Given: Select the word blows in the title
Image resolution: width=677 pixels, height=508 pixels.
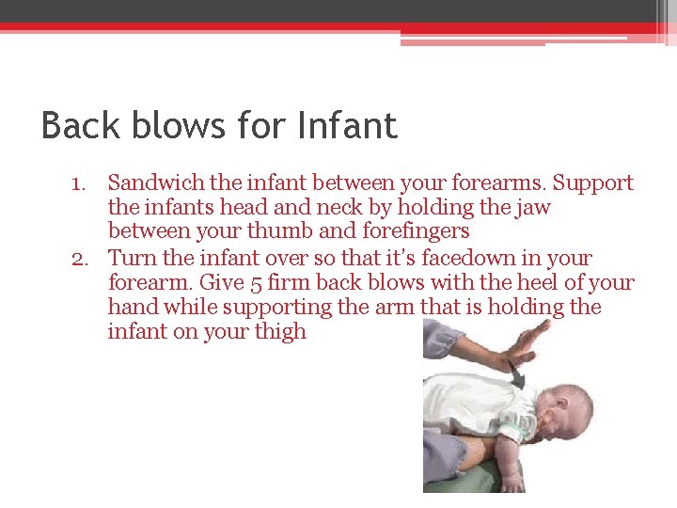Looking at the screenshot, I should click(x=179, y=125).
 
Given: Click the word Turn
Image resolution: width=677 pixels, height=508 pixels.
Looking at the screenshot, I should click(x=130, y=258).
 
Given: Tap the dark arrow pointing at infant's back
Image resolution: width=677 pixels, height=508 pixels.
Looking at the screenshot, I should click(x=515, y=373).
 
